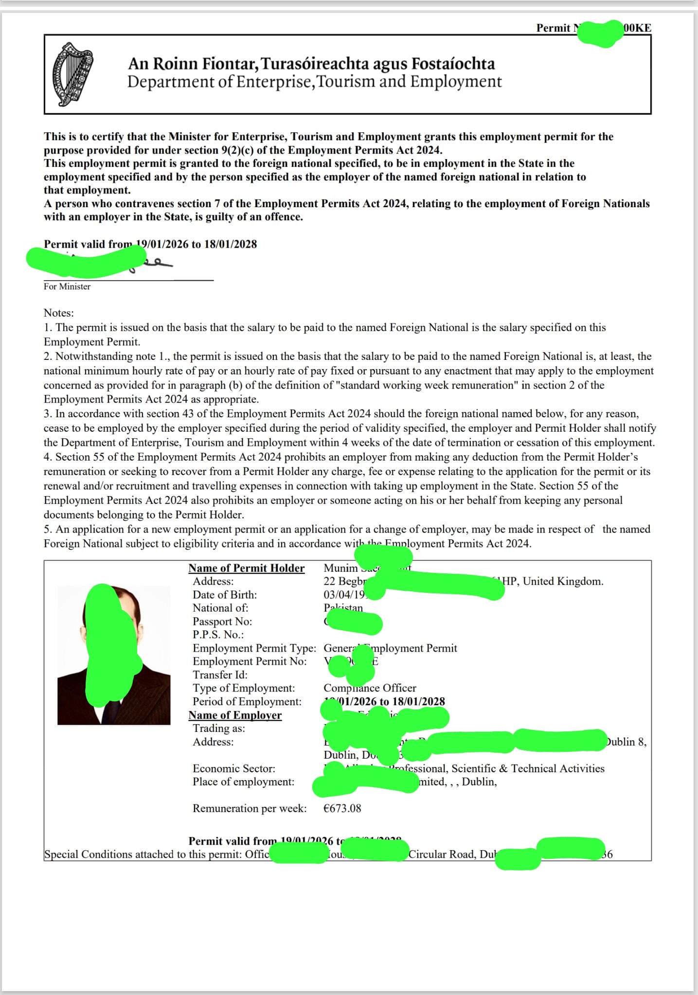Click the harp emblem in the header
(72, 74)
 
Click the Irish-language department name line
(311, 64)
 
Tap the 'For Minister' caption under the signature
(67, 286)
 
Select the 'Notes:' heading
(59, 313)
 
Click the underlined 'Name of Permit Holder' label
(246, 568)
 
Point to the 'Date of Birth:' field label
(225, 595)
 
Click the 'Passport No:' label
(222, 622)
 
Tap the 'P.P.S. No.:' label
(218, 635)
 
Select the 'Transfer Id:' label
(220, 675)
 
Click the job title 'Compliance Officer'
(370, 688)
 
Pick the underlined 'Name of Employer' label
(235, 715)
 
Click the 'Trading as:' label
(219, 728)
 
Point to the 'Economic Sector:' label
(234, 768)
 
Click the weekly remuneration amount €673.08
(342, 808)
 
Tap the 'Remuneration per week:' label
(250, 808)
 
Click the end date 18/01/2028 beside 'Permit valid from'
(231, 244)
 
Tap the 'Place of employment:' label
(243, 782)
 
